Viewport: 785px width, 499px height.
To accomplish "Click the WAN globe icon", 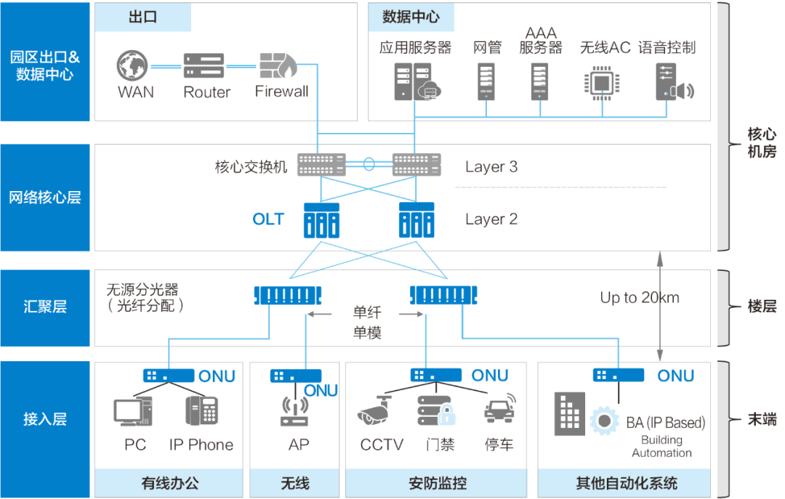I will (x=135, y=66).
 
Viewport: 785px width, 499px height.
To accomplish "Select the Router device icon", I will (x=204, y=66).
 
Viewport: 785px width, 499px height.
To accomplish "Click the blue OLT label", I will (x=268, y=219).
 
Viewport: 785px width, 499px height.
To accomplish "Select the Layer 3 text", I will (x=491, y=167).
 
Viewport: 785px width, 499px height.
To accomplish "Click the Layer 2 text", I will (x=491, y=219).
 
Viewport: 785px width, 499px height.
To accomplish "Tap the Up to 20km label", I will (x=640, y=298).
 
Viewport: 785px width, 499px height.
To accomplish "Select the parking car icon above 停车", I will (x=500, y=409).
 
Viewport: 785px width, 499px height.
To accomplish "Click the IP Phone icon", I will (x=201, y=410).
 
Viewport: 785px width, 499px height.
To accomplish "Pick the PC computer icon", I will (x=132, y=411).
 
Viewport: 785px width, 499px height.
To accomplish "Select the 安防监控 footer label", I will (x=436, y=483).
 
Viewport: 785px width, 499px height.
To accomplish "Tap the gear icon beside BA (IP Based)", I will (x=604, y=421).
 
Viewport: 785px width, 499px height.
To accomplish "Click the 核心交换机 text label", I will (x=251, y=167).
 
